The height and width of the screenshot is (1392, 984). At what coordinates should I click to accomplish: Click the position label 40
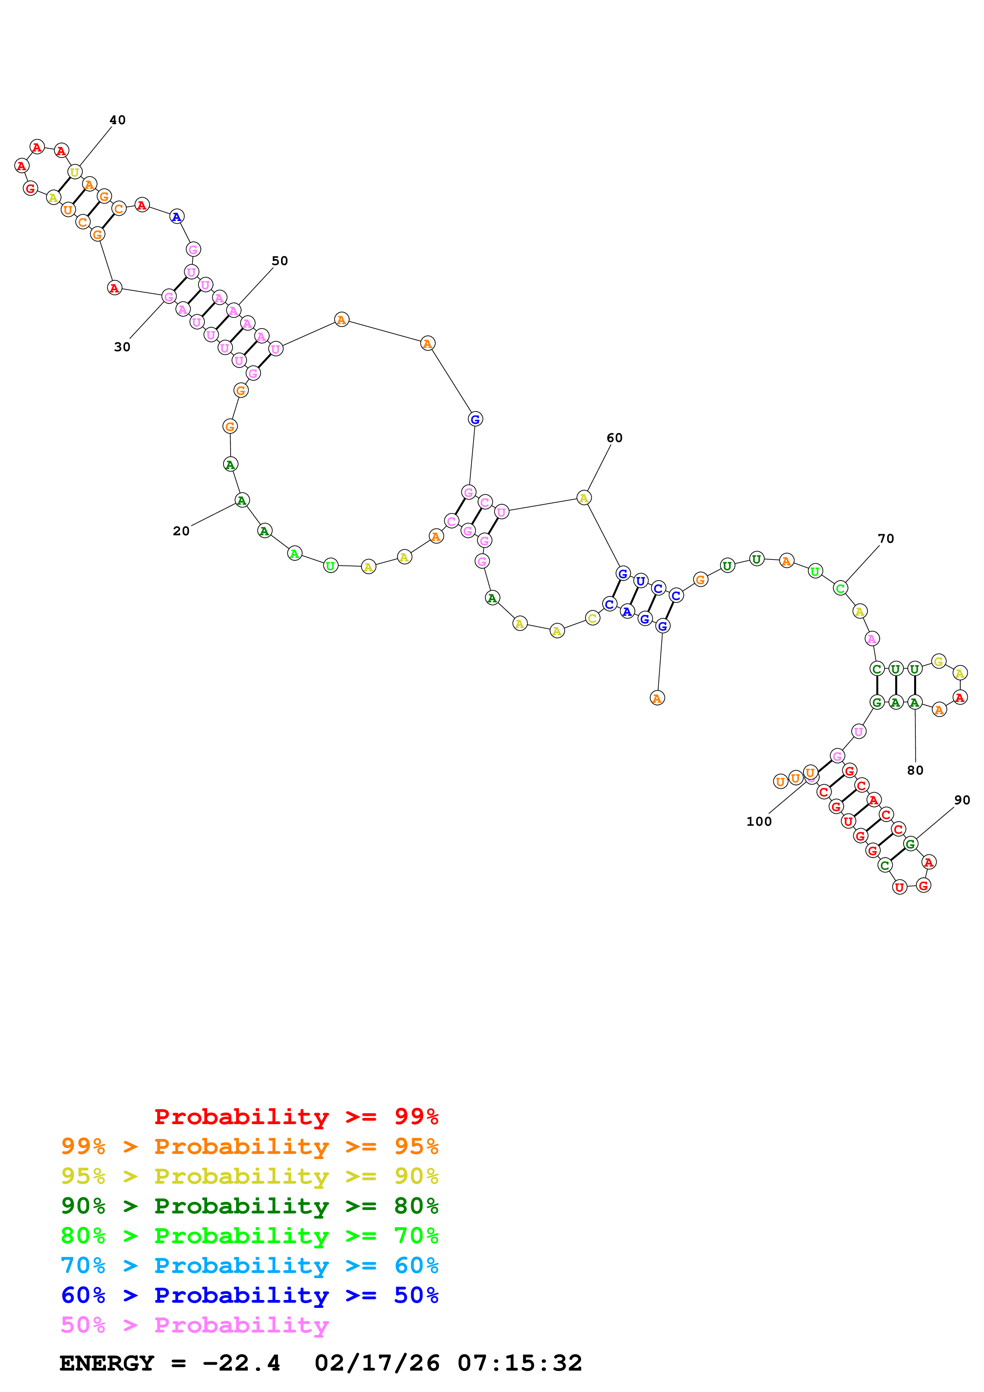117,120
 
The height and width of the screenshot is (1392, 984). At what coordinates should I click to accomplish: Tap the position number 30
122,347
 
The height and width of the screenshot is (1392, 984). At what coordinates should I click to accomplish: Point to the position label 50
279,261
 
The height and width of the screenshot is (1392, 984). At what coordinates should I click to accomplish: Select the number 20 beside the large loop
181,531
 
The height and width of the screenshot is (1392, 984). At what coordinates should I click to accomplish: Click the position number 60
614,438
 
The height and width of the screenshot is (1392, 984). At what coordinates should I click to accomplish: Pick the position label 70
886,538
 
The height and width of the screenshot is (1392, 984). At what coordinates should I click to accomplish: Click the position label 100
759,821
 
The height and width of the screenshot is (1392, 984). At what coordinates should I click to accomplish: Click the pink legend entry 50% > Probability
194,1325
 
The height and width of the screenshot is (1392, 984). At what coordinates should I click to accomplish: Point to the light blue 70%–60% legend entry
249,1265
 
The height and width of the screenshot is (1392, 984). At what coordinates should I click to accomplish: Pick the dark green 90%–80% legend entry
249,1206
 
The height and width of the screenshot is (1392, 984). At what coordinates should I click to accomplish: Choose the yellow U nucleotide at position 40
75,172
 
